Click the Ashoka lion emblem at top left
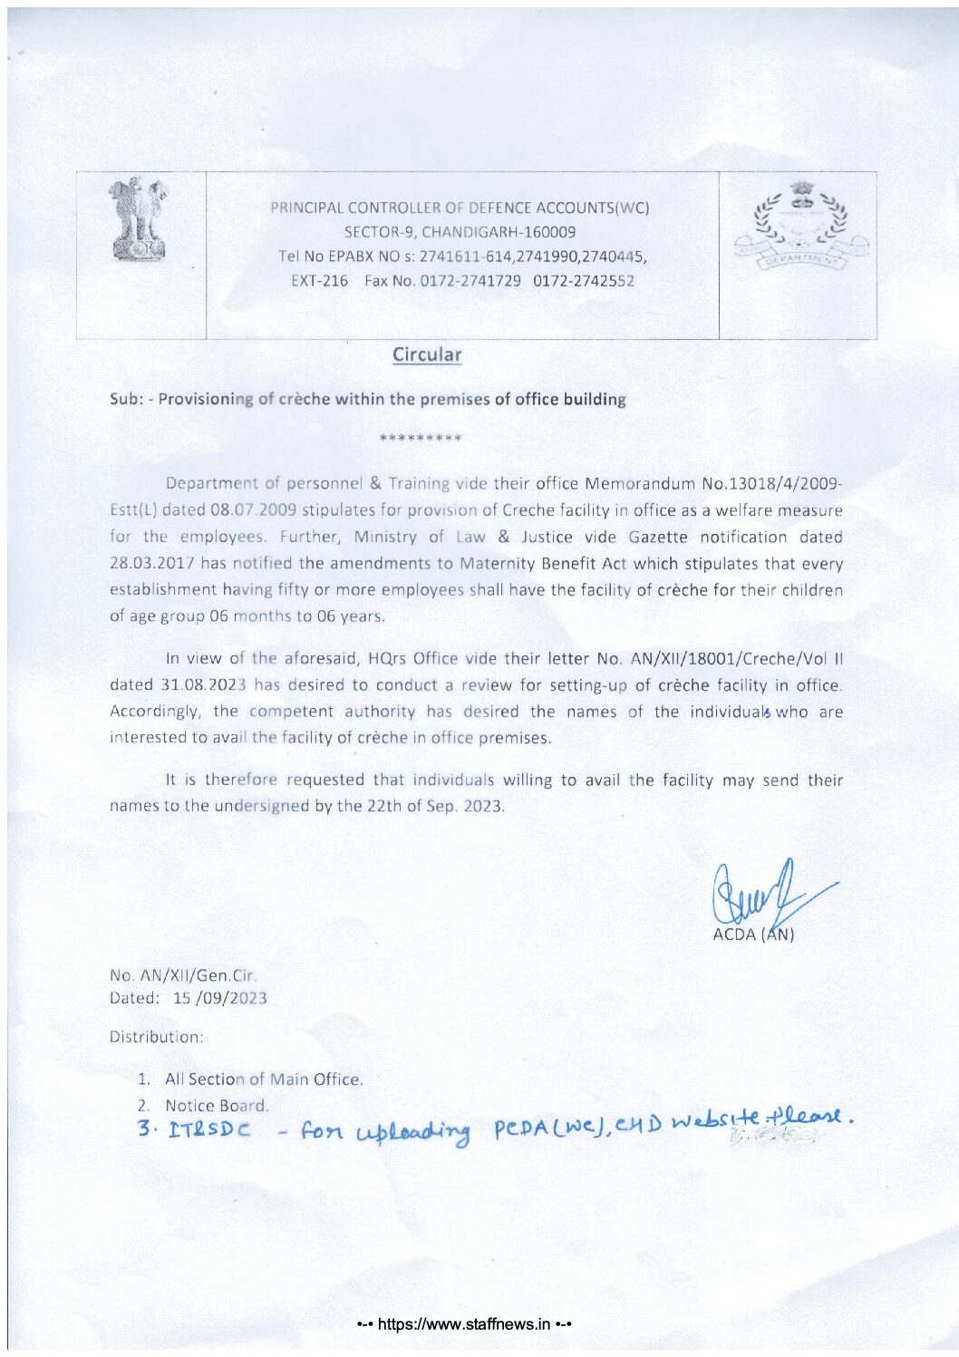139,219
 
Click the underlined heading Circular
427,355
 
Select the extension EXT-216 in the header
319,281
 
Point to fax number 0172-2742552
584,281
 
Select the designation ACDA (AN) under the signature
753,935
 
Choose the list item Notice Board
217,1105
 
